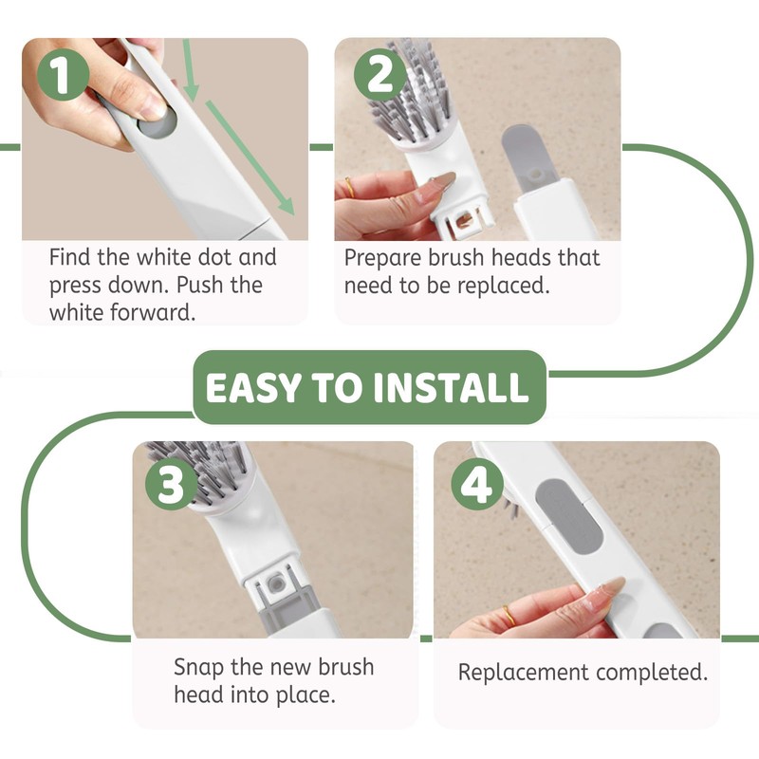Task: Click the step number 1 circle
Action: [63, 75]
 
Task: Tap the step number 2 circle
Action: [379, 75]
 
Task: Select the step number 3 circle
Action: [171, 483]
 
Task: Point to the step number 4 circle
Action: [477, 483]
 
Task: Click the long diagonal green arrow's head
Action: [287, 207]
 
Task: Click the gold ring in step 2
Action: [349, 188]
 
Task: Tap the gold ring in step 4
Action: [509, 615]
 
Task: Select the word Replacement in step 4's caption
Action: [524, 673]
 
